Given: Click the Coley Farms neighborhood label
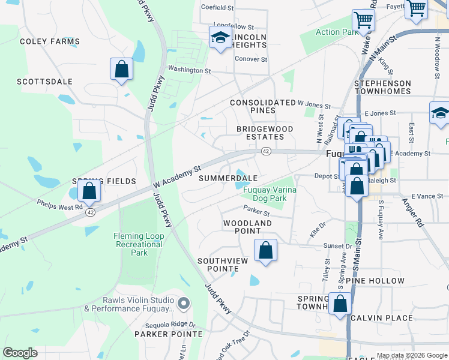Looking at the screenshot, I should coord(50,41).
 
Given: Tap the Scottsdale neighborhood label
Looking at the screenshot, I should coord(44,82).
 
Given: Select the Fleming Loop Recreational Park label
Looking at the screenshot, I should coord(139,244).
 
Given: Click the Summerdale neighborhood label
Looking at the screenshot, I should coord(228,178).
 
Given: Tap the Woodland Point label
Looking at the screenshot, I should coord(248,223).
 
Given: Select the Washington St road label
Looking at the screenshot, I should coord(189,70).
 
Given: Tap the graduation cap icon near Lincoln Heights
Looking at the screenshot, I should coord(221,38).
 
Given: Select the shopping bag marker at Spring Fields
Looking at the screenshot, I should coord(89,191).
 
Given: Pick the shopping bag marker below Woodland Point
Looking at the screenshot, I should coord(265,250).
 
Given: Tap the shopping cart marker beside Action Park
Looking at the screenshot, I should coord(363,20).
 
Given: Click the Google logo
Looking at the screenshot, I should coord(20,353).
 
